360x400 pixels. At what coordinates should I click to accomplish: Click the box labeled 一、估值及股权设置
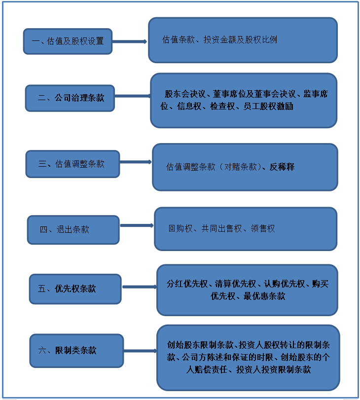(x=68, y=41)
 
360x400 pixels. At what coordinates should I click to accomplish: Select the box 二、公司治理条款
(x=70, y=98)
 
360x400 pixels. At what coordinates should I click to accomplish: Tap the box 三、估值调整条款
(x=72, y=164)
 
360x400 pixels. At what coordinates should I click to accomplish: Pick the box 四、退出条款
(x=73, y=230)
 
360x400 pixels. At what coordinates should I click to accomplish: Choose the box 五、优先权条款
(x=75, y=289)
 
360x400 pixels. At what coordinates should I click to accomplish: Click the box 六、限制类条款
(x=76, y=351)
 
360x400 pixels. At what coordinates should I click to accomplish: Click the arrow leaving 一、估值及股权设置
(x=130, y=41)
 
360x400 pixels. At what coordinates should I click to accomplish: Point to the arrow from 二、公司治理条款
(x=133, y=96)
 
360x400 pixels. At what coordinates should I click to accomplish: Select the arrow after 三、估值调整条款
(x=136, y=162)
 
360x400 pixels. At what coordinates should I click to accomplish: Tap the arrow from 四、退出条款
(x=137, y=225)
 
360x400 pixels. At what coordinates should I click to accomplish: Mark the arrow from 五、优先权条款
(x=140, y=287)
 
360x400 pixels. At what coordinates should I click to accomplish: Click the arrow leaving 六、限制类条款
(x=141, y=351)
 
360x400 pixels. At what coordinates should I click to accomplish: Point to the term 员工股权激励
(x=268, y=107)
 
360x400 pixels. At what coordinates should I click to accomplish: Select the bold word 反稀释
(x=282, y=167)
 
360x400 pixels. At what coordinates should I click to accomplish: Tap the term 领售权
(x=263, y=228)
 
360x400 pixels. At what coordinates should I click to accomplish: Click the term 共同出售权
(x=221, y=228)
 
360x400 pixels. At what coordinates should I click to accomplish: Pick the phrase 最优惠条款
(x=264, y=296)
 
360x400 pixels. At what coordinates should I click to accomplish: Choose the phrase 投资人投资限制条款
(x=274, y=369)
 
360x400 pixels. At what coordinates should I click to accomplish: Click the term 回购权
(x=180, y=228)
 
